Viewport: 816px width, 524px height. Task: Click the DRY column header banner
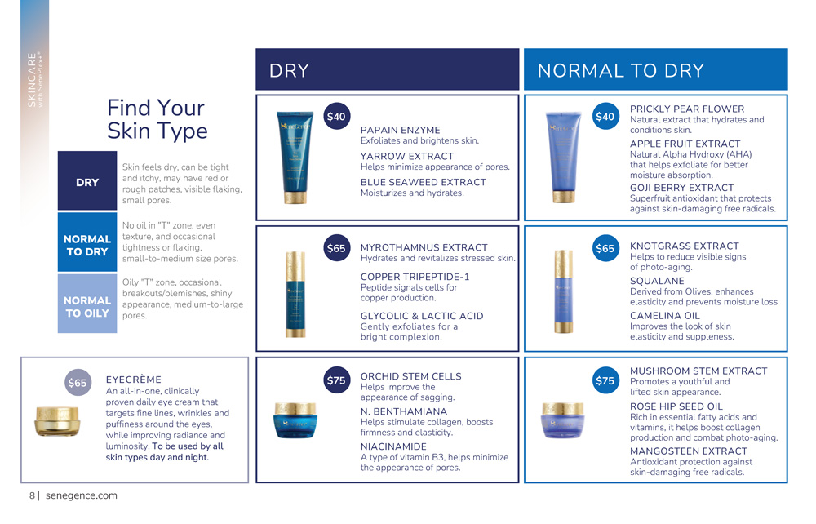(387, 69)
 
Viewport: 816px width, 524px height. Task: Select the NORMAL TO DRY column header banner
(656, 69)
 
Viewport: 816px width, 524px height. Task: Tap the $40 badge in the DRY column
(337, 116)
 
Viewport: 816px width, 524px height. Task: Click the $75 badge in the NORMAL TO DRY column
(605, 380)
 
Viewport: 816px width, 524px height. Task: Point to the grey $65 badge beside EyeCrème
(78, 383)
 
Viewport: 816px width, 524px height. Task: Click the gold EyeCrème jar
(58, 421)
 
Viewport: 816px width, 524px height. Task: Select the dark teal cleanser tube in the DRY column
(295, 158)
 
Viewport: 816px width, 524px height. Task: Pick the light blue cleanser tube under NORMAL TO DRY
(564, 158)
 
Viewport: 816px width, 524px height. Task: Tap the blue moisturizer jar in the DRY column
(295, 420)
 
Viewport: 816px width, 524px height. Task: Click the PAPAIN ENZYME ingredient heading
(400, 130)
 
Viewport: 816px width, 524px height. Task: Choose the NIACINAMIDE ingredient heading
(393, 446)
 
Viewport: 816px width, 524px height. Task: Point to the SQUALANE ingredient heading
(657, 281)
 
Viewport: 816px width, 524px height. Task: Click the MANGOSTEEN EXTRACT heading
(689, 451)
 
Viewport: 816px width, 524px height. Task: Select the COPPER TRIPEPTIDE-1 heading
(415, 277)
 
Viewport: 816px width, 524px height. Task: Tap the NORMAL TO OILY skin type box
(87, 304)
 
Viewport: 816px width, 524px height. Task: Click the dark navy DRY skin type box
(87, 180)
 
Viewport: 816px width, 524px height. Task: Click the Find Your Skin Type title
(157, 119)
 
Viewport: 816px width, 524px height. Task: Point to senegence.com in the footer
(81, 495)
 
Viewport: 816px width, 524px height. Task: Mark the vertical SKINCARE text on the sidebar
(32, 80)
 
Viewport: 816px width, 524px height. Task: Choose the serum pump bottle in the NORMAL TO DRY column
(563, 291)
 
